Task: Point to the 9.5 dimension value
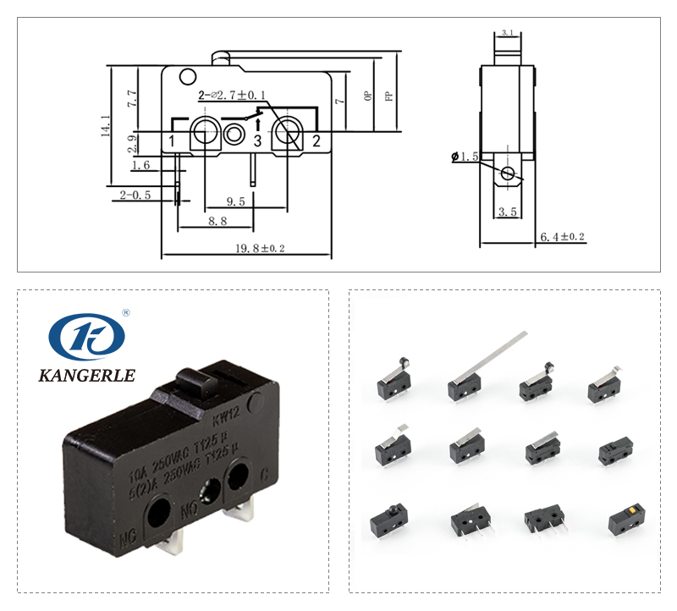tap(236, 201)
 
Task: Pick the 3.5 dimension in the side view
tap(508, 212)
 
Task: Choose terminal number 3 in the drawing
tap(258, 141)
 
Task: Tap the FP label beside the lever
tap(388, 96)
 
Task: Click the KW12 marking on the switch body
tap(225, 416)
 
